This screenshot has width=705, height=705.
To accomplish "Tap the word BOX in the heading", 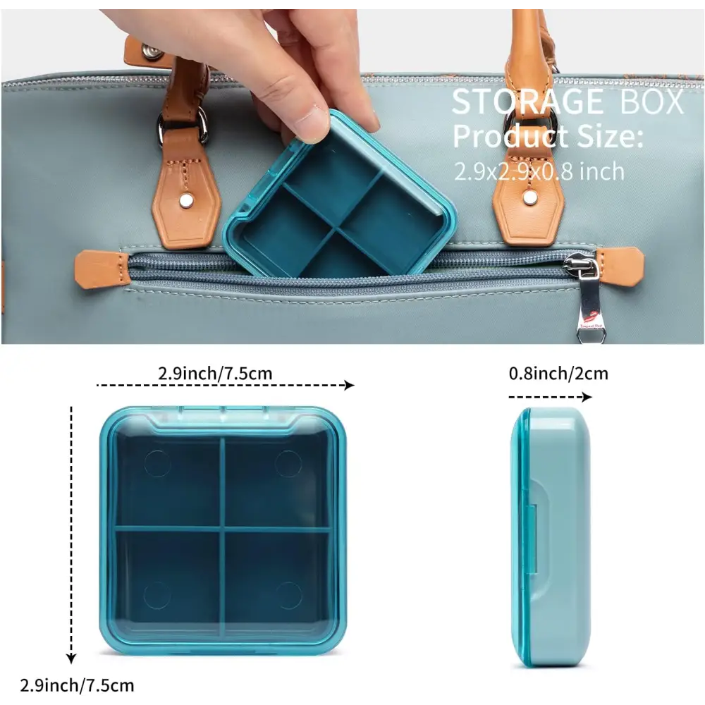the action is tap(652, 102).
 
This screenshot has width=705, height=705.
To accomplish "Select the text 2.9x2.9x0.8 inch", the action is tap(539, 171).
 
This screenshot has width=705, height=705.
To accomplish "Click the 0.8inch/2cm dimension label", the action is tap(558, 373).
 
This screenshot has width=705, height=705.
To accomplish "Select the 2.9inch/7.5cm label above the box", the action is tap(215, 373).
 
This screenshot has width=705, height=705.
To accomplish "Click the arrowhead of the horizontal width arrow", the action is tap(349, 385).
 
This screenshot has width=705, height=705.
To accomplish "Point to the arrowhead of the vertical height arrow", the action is tap(71, 658).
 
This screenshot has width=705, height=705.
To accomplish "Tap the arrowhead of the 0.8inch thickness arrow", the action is tap(587, 396).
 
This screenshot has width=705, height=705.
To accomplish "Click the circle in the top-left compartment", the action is tap(158, 464).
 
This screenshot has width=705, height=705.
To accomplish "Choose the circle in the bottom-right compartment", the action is tap(288, 595).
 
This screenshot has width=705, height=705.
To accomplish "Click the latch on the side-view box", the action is tap(534, 539).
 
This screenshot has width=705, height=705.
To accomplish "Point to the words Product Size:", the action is tap(548, 136).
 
